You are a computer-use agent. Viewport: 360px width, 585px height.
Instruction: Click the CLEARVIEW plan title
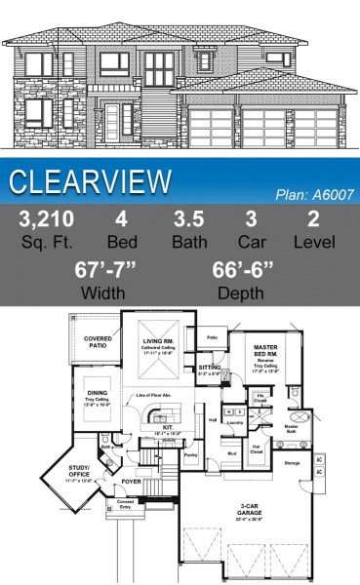pos(91,181)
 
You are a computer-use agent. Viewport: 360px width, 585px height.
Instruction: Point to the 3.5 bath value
pos(189,218)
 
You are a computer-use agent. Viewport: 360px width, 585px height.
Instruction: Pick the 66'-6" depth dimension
pos(244,269)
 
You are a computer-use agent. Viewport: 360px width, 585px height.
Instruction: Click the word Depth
pos(244,292)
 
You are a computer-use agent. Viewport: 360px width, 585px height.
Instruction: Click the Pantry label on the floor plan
pos(190,455)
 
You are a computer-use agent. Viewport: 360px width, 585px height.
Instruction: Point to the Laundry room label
pos(235,423)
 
